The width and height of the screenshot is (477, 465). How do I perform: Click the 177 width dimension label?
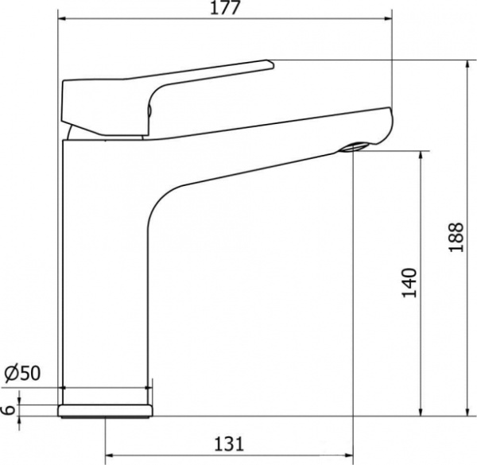coord(226,8)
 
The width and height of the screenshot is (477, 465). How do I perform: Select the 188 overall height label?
coord(457,237)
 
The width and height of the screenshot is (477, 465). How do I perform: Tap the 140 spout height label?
coord(409,283)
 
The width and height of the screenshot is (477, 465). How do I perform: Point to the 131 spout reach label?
coord(230,444)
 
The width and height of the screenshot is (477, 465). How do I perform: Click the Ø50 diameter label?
coord(22,373)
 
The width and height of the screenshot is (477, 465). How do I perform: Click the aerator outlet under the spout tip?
coord(354,148)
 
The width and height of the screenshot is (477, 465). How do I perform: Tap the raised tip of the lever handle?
coord(270,64)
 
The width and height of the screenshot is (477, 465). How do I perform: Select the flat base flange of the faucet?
coord(105,411)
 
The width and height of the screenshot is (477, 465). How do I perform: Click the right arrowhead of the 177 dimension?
coord(388,19)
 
